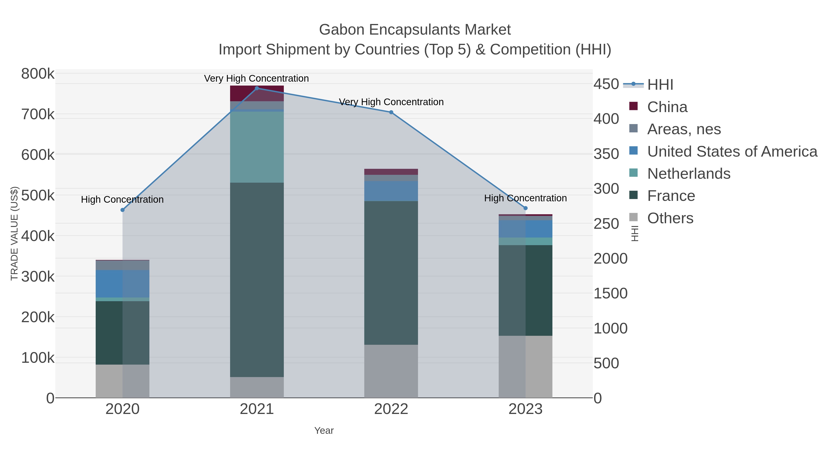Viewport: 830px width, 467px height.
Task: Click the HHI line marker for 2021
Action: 257,88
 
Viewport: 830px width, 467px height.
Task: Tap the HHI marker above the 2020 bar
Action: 122,210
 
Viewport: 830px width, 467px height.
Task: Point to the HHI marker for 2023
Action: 525,208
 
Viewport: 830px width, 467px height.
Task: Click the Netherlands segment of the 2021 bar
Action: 257,147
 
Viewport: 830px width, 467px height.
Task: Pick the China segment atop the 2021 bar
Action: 257,93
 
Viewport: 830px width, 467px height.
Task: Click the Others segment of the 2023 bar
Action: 525,366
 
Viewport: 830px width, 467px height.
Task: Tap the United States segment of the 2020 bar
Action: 122,284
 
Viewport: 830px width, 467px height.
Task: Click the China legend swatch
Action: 634,106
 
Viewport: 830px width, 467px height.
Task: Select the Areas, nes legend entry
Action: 684,129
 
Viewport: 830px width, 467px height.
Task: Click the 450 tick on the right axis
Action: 606,84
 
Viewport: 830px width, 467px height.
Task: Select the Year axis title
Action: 324,431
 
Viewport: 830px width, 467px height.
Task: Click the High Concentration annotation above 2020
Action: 122,199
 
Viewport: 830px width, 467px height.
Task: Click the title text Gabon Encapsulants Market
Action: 415,30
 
